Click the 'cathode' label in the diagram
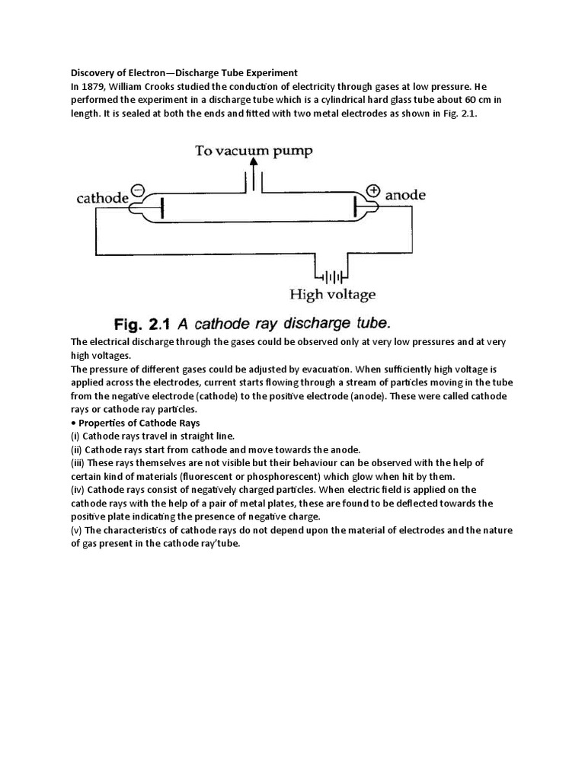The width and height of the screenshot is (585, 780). point(102,198)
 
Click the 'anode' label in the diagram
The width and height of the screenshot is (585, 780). point(406,195)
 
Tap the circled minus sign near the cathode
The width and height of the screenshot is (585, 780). point(139,190)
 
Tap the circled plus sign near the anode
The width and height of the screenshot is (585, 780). point(373,190)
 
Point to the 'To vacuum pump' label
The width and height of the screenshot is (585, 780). point(254,150)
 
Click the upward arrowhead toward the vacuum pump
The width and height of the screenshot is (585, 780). point(254,162)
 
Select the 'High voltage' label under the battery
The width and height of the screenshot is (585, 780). point(333,294)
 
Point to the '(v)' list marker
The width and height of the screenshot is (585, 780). point(75,531)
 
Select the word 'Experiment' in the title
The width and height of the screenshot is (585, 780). point(269,73)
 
